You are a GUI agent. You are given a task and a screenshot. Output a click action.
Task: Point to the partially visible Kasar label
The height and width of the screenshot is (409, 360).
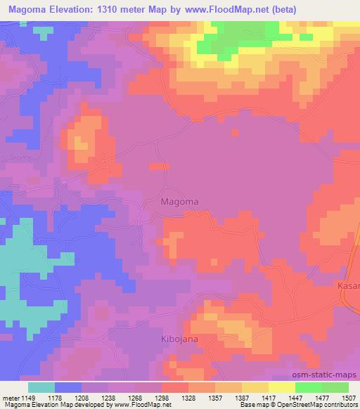tap(349, 287)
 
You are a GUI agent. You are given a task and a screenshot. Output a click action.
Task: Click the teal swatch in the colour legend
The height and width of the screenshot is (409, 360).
tap(41, 387)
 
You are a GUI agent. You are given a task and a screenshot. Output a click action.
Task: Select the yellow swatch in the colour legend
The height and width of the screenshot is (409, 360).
tap(281, 387)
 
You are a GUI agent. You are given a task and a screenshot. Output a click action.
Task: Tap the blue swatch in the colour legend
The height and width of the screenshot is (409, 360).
tap(68, 387)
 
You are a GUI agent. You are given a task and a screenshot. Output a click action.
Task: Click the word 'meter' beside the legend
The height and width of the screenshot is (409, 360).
tap(12, 397)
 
